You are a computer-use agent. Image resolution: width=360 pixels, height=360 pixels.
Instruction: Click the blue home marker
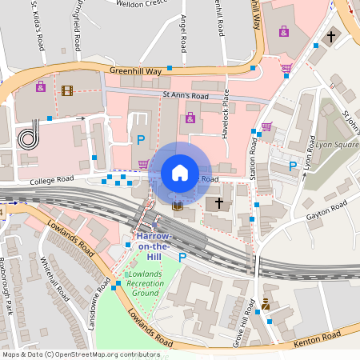pyautogui.click(x=180, y=172)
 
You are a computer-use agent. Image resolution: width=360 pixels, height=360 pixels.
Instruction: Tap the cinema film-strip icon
pyautogui.click(x=66, y=90)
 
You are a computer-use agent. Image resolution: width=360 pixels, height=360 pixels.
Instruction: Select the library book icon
pyautogui.click(x=178, y=206)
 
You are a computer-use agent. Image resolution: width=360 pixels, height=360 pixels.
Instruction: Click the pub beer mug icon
pyautogui.click(x=266, y=305)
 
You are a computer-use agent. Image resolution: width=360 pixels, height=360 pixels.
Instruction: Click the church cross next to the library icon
pyautogui.click(x=215, y=203)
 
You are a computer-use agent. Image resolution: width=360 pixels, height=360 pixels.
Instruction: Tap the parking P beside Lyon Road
pyautogui.click(x=293, y=166)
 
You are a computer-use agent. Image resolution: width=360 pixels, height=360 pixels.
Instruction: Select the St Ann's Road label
pyautogui.click(x=185, y=96)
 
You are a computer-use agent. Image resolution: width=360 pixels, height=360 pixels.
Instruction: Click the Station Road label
pyautogui.click(x=252, y=157)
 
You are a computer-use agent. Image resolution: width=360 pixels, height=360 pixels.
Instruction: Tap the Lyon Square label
pyautogui.click(x=336, y=146)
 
